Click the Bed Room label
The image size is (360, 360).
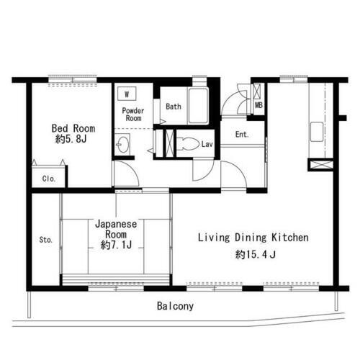(x=73, y=128)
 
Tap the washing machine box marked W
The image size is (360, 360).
(x=127, y=94)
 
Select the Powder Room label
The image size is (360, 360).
(x=133, y=114)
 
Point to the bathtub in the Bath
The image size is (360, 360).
(x=198, y=106)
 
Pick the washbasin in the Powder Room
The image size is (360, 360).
(x=122, y=145)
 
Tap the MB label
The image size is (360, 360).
(x=258, y=105)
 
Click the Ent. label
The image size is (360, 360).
(x=242, y=135)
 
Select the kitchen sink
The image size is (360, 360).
(x=317, y=132)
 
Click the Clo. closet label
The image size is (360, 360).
(x=49, y=179)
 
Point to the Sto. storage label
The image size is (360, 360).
(x=46, y=240)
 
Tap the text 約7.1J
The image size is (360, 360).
(x=116, y=245)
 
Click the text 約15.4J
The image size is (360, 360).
(x=256, y=254)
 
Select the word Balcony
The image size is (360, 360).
(x=175, y=306)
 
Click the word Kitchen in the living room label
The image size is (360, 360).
(x=290, y=238)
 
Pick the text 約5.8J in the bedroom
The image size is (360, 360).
(x=71, y=139)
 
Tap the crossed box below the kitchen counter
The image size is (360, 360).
(x=321, y=165)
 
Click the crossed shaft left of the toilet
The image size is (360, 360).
(x=170, y=143)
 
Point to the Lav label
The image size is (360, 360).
(x=207, y=144)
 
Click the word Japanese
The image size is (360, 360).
(x=116, y=224)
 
